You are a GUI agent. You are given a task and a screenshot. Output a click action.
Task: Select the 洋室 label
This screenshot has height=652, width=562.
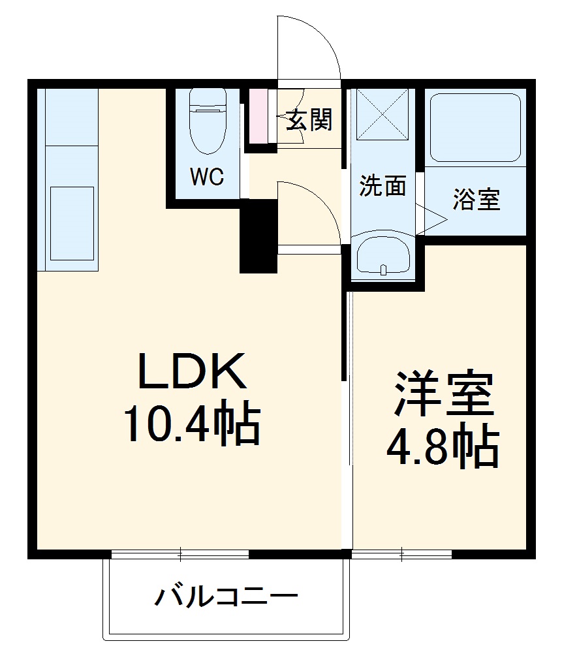click(443, 395)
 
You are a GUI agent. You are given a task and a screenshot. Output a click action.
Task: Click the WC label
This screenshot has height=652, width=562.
click(207, 176)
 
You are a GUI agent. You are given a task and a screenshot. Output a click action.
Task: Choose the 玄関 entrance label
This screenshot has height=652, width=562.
click(309, 120)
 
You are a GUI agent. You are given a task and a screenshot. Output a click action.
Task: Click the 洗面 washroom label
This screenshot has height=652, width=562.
click(383, 187)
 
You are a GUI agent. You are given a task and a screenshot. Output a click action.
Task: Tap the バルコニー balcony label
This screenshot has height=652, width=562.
click(226, 597)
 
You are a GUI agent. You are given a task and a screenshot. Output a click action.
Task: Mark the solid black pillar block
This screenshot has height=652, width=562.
click(258, 236)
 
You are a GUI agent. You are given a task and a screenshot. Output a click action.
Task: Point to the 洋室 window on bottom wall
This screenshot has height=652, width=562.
click(402, 555)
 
